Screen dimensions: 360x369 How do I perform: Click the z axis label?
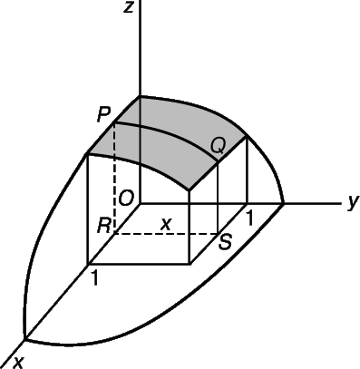pyautogui.click(x=129, y=7)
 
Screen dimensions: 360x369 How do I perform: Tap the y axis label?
pyautogui.click(x=353, y=201)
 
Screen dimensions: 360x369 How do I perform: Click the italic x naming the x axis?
pyautogui.click(x=18, y=363)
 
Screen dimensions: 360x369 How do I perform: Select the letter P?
pyautogui.click(x=103, y=115)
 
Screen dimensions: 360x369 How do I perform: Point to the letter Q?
pyautogui.click(x=218, y=146)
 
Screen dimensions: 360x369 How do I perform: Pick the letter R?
pyautogui.click(x=104, y=226)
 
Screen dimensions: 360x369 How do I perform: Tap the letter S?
pyautogui.click(x=225, y=242)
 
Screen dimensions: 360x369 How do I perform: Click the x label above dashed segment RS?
pyautogui.click(x=166, y=224)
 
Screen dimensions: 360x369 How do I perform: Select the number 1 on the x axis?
pyautogui.click(x=95, y=278)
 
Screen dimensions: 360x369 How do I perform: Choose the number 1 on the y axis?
pyautogui.click(x=249, y=218)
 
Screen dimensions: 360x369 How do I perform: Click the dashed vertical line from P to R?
pyautogui.click(x=114, y=178)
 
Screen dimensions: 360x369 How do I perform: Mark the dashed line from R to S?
pyautogui.click(x=166, y=234)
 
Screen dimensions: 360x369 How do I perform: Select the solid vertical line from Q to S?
pyautogui.click(x=218, y=198)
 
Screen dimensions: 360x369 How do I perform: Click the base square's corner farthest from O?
pyautogui.click(x=190, y=265)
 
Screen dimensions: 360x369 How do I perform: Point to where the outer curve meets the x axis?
pyautogui.click(x=25, y=340)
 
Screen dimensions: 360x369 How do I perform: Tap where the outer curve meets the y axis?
pyautogui.click(x=283, y=203)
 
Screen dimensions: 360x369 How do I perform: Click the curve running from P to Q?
pyautogui.click(x=170, y=134)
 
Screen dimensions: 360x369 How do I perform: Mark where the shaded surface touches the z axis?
pyautogui.click(x=140, y=96)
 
